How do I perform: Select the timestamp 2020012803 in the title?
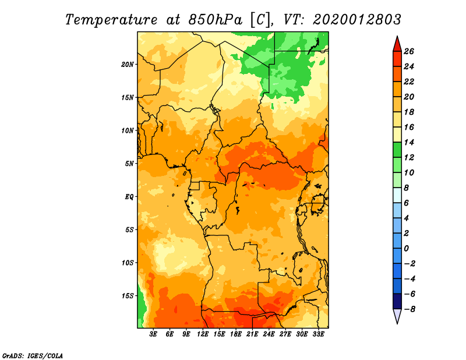(x=357, y=19)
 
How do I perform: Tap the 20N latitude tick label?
(x=128, y=64)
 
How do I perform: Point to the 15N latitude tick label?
(x=128, y=97)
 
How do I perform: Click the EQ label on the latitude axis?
(x=129, y=196)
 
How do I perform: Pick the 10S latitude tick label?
(x=128, y=263)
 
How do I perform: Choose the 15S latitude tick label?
(x=128, y=296)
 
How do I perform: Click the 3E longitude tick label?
(x=154, y=334)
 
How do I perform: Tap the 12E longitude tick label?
(x=203, y=334)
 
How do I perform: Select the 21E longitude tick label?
(x=252, y=334)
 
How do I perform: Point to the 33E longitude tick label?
(x=318, y=334)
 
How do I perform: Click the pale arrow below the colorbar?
(x=397, y=316)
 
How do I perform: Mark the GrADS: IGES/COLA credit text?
(x=33, y=355)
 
